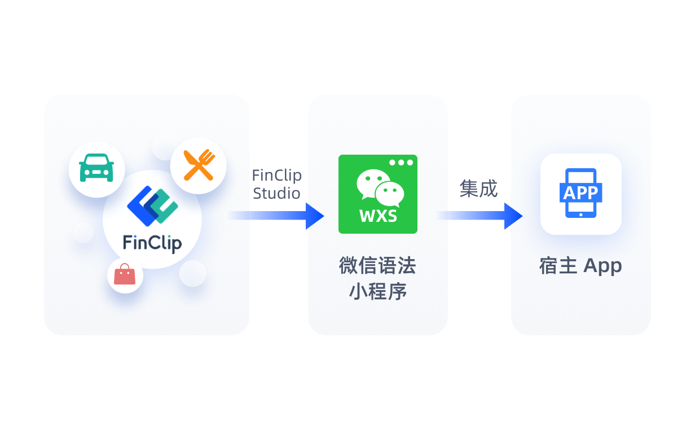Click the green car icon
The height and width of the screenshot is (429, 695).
click(96, 168)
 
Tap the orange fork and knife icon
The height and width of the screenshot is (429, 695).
click(199, 165)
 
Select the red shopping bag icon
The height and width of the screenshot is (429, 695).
click(125, 276)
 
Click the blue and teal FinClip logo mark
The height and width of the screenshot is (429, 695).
click(152, 205)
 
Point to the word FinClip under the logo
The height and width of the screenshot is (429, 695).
click(152, 243)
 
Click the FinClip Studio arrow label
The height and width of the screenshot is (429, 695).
click(276, 184)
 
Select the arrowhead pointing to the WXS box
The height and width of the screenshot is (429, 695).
click(314, 216)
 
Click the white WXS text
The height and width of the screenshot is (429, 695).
click(377, 216)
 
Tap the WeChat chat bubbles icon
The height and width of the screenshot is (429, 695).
click(380, 188)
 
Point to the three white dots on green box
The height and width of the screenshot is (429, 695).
click(401, 163)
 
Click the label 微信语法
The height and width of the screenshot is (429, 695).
click(377, 265)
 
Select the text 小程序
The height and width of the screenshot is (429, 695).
click(377, 291)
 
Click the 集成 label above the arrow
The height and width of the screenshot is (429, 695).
click(478, 189)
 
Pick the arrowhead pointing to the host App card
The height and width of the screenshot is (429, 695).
click(513, 216)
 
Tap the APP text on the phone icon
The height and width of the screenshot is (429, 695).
click(580, 192)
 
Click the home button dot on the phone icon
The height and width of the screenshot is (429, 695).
click(581, 214)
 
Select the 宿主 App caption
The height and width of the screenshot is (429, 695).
click(580, 265)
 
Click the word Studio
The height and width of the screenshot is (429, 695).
click(276, 193)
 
